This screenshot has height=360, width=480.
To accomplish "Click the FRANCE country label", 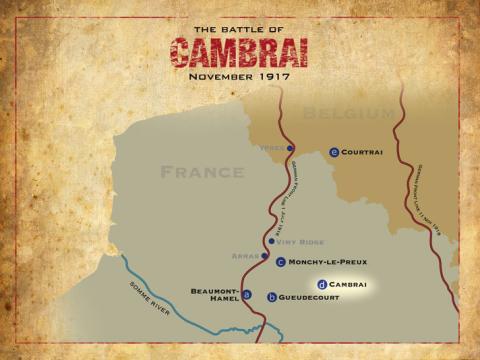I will [x=203, y=172].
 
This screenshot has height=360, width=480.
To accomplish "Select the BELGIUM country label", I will [x=350, y=113].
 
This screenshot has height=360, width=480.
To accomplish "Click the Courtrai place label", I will [x=362, y=152].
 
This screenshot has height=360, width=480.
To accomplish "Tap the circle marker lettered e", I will [x=334, y=152].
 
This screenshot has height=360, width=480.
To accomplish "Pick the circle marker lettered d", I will [x=322, y=284].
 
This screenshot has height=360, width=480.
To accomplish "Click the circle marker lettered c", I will [x=281, y=262].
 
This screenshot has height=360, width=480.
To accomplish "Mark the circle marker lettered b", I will [x=272, y=297].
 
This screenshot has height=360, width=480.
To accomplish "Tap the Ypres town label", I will [x=272, y=148].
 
